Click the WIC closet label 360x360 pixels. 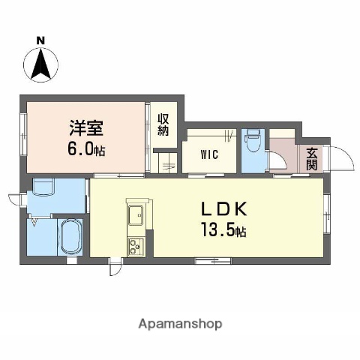click(x=209, y=156)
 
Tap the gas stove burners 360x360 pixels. click(x=136, y=244)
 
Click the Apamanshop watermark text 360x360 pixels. click(x=180, y=324)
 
